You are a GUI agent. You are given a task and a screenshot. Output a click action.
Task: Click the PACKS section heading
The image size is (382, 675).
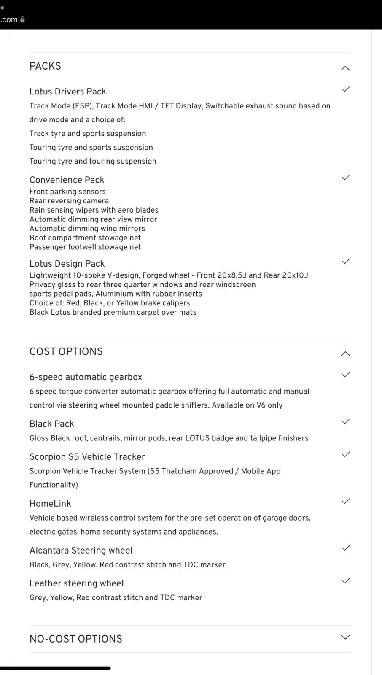point(45,66)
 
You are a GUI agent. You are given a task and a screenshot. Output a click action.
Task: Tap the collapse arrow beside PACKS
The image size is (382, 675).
point(345,68)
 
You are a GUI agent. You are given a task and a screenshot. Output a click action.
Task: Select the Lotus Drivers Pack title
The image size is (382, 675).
point(67,92)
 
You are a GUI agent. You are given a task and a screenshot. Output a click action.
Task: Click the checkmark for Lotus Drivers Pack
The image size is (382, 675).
point(346,89)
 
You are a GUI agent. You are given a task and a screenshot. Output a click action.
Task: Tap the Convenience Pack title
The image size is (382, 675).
point(67,180)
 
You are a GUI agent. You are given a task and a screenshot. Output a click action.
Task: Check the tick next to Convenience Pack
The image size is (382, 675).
point(346,177)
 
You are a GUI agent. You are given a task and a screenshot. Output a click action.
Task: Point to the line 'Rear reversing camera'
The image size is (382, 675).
point(69,201)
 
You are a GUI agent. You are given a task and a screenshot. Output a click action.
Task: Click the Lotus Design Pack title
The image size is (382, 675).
point(67,264)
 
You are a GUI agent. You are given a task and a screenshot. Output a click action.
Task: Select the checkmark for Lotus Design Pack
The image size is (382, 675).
point(346,261)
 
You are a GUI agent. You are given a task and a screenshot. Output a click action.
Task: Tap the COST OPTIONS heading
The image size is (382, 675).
point(66,351)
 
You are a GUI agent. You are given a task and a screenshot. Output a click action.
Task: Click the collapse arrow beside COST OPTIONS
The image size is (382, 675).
point(345,354)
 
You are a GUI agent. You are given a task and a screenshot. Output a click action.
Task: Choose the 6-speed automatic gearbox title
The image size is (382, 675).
point(86,377)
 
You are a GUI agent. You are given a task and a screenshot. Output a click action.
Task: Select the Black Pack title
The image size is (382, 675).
point(51,424)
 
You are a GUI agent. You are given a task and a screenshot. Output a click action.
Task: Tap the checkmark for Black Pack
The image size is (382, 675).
point(346,421)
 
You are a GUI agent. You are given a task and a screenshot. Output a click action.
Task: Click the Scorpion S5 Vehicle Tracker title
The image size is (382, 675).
point(87,456)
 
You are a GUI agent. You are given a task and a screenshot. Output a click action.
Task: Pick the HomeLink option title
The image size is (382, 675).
point(50,503)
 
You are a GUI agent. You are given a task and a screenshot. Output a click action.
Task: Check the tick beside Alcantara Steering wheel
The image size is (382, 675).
point(346,548)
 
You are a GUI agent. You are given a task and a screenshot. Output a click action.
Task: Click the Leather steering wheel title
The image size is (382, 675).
point(76,583)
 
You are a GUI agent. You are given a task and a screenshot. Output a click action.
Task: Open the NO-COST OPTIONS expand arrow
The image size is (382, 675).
point(345,637)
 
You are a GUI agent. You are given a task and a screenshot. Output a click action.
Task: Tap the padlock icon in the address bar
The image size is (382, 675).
point(23,19)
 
